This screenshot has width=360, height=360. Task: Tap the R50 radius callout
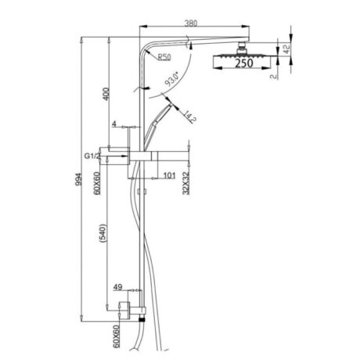[164, 57]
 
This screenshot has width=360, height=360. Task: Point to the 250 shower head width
[244, 66]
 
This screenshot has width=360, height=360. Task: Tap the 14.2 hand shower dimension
[189, 117]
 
